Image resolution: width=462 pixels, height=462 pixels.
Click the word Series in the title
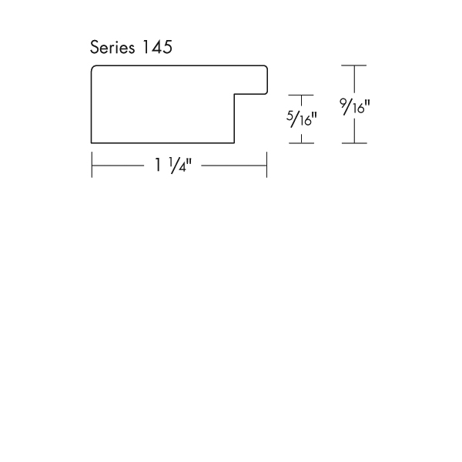click(112, 47)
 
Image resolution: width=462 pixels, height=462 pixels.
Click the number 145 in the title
click(157, 47)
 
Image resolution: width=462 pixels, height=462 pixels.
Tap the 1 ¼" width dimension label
click(173, 165)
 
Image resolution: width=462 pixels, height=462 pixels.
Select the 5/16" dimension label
click(301, 119)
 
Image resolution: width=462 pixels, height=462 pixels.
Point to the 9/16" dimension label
click(354, 106)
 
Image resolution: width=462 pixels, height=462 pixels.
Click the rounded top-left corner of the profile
click(92, 67)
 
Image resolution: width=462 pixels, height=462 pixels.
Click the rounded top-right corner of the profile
click(266, 67)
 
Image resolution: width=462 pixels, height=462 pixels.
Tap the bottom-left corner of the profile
click(92, 143)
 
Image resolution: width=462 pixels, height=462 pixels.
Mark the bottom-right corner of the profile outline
click(234, 143)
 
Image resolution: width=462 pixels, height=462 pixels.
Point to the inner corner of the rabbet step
click(235, 94)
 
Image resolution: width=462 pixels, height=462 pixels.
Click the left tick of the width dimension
click(92, 165)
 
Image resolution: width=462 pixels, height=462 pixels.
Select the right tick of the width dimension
click(266, 165)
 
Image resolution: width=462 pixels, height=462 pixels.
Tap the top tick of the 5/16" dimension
click(301, 95)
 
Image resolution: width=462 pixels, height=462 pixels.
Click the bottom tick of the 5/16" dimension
click(301, 143)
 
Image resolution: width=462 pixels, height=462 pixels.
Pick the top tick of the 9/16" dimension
click(354, 65)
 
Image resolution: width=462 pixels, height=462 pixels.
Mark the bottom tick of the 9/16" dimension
click(354, 143)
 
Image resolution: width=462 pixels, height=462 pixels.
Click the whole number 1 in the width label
click(158, 165)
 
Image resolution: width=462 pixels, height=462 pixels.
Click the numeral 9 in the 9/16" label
click(343, 103)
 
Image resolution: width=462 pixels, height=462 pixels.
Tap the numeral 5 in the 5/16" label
click(290, 115)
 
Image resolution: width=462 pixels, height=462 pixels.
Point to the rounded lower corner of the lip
click(266, 92)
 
